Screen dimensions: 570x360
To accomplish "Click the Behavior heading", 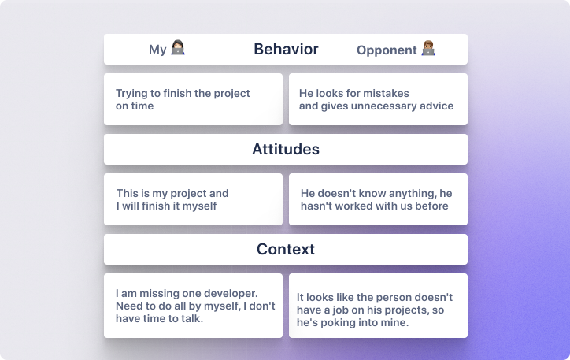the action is coord(286,50).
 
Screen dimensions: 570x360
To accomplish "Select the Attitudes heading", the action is coord(286,149).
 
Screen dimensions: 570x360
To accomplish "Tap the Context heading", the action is coord(286,249).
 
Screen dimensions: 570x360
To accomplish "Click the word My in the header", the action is coord(157,50).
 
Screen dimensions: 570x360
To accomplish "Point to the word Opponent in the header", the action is coord(387,50).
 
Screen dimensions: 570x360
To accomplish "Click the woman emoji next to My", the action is coord(178,47).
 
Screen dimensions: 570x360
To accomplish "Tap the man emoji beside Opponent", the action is coord(428,48).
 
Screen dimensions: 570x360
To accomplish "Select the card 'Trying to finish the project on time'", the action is coord(193,99).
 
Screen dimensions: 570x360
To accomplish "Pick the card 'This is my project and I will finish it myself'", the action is coord(193,199).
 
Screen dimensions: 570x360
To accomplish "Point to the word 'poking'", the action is coord(329,322).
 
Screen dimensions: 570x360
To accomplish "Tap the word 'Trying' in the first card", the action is coord(131,94).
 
